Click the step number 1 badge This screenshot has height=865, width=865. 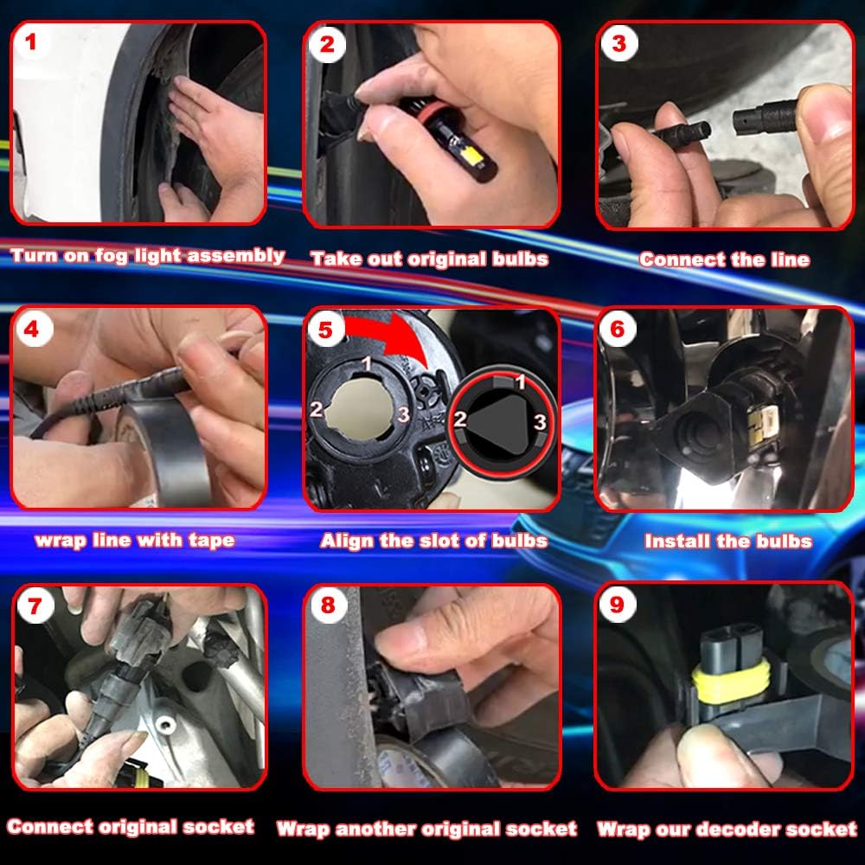[x=31, y=42]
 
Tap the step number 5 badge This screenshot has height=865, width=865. [x=325, y=330]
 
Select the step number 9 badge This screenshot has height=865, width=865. [x=618, y=605]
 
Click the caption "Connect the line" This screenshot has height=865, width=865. [x=724, y=259]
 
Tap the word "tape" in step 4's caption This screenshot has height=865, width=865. [x=212, y=541]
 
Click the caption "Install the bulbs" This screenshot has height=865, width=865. [x=728, y=541]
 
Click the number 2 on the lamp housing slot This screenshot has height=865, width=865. [x=316, y=409]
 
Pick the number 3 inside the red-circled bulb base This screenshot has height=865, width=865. [x=539, y=422]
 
